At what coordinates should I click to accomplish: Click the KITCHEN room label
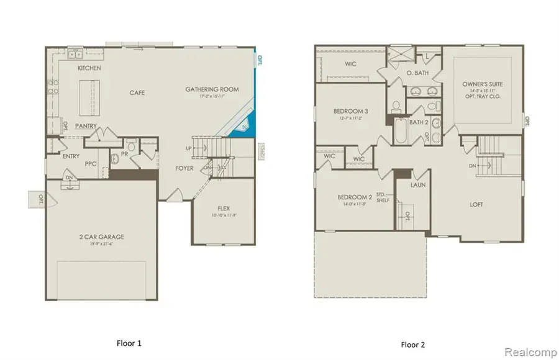(89, 67)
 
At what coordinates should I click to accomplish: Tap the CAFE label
(137, 92)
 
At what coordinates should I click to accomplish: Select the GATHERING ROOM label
(212, 89)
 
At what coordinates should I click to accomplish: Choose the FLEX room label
(224, 208)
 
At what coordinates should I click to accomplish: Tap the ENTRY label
(71, 156)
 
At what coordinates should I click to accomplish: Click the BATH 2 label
(419, 122)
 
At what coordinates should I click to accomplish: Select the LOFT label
(476, 204)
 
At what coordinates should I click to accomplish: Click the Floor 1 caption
(130, 342)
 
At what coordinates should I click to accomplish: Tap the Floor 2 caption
(413, 344)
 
